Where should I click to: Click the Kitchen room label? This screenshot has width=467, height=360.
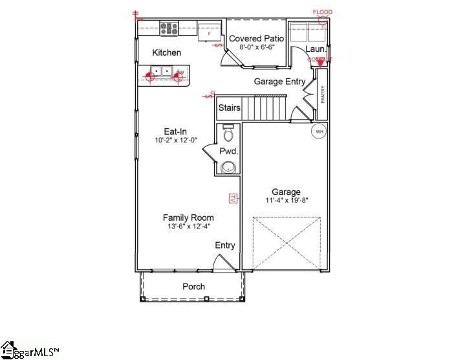click(x=166, y=52)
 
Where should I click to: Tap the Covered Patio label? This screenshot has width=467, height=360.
click(x=257, y=39)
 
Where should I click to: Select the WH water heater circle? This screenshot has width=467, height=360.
click(x=318, y=131)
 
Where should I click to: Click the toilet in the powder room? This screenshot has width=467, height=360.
click(x=227, y=133)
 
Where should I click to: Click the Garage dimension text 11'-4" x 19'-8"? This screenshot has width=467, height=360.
click(x=286, y=201)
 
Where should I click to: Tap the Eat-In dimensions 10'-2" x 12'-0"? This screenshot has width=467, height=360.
click(x=175, y=141)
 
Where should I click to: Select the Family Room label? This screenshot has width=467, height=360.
click(x=188, y=218)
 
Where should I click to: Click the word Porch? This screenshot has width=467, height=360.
click(x=193, y=286)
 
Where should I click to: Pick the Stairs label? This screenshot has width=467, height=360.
click(x=229, y=107)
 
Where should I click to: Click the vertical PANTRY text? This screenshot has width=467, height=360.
click(x=322, y=95)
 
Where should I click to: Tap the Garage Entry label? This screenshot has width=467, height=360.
click(x=279, y=82)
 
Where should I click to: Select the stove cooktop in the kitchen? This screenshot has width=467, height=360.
click(x=169, y=28)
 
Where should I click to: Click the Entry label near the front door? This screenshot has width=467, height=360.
click(x=225, y=245)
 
